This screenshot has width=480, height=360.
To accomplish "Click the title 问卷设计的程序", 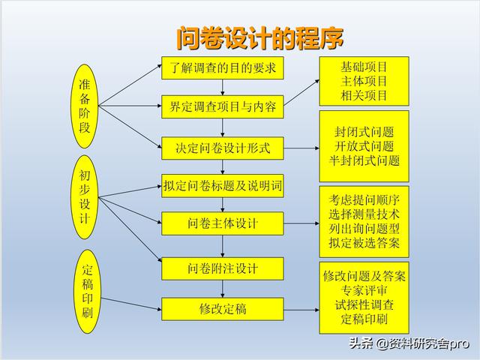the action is point(260,38).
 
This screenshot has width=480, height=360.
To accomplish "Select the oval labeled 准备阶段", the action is point(85,106).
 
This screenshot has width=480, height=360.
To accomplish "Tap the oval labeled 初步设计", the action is point(85,196).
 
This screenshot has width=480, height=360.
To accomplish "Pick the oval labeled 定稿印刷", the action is point(87,291).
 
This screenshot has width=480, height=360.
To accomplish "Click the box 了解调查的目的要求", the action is point(223,68).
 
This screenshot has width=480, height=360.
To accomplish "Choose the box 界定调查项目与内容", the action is point(223,106).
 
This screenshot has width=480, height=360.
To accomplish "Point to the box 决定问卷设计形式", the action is point(223,148).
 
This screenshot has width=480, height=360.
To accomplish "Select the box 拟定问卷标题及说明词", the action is point(223,186).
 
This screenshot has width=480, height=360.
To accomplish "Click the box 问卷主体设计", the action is point(223,223).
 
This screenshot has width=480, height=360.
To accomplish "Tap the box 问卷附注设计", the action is point(223,268).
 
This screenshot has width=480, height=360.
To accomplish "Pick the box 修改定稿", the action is point(223,309).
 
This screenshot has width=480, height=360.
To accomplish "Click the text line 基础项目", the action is point(364,67).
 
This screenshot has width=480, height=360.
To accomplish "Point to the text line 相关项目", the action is point(364,95).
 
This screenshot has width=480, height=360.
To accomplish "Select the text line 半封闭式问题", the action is point(364,160).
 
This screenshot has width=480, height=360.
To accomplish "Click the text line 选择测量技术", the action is point(364,214).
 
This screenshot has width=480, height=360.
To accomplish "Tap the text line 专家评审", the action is point(364,290).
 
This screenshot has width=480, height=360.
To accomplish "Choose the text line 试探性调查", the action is point(364,304).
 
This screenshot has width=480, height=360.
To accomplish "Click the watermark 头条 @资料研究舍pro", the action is point(409,343).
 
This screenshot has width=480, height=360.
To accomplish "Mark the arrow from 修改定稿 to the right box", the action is point(301,310).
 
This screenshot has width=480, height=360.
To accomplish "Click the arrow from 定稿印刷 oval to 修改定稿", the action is point(131,304).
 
